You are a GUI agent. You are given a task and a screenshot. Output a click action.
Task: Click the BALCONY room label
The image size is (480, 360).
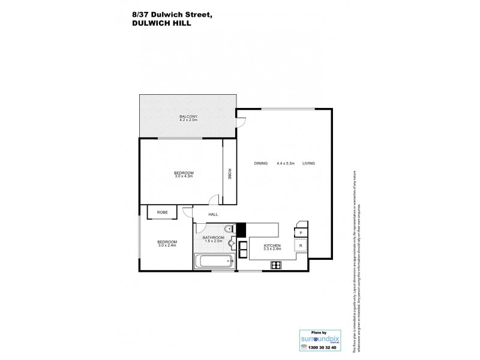tap(188, 116)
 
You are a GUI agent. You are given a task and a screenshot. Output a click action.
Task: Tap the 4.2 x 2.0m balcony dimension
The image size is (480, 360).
tap(188, 120)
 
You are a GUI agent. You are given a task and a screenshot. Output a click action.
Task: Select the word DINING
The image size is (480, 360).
tap(260, 163)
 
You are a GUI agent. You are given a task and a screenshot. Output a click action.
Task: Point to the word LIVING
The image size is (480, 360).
tap(308, 163)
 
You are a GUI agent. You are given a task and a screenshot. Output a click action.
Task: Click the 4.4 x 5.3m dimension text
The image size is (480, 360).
tap(285, 163)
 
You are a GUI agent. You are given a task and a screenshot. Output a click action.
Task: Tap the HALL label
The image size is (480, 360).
tap(213, 214)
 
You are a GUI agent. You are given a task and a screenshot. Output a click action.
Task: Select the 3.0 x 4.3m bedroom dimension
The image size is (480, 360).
tap(184, 176)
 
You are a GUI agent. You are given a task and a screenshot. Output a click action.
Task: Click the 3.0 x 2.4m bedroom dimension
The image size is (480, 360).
tap(167, 245)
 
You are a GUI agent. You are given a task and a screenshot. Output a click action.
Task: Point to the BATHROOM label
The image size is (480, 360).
tap(213, 238)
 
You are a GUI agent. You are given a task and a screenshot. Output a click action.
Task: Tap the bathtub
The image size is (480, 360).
tap(214, 260)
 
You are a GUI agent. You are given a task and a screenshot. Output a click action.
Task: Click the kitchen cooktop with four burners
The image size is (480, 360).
tap(277, 265)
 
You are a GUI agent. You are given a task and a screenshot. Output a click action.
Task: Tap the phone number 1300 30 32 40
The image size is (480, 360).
tap(318, 348)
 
